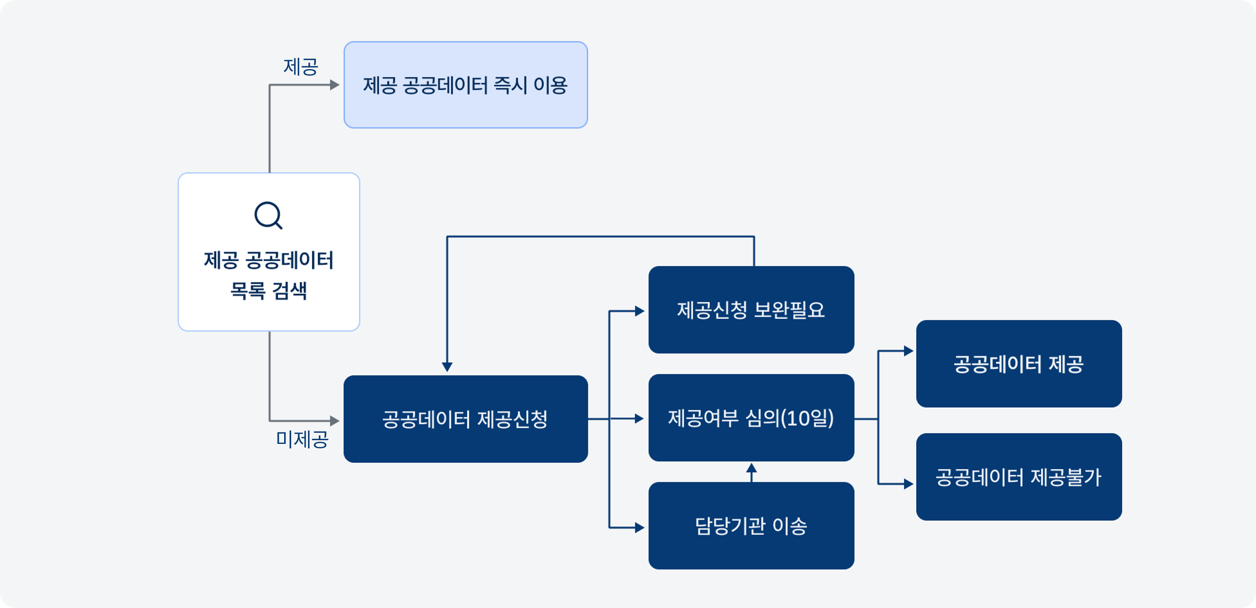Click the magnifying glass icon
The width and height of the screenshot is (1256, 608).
268,215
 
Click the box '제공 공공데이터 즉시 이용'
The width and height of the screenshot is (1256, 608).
466,85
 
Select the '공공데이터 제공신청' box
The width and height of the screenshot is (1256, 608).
466,419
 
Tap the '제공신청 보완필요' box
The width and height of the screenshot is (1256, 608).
752,310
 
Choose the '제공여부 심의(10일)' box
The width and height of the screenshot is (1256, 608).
752,418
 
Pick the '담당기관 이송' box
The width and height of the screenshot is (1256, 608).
752,526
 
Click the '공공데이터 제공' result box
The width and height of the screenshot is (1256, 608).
1019,364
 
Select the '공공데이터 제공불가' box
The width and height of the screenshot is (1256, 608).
1019,477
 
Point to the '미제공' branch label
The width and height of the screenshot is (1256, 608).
302,439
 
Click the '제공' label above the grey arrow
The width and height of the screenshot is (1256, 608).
301,67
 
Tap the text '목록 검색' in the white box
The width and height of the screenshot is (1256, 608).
268,291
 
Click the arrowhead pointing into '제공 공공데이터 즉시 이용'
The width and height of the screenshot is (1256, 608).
334,85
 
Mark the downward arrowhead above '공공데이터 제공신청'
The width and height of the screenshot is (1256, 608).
447,367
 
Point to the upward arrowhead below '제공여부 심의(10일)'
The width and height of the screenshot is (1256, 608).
752,468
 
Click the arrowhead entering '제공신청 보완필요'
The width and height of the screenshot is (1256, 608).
640,311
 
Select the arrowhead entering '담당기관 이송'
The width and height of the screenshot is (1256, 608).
640,527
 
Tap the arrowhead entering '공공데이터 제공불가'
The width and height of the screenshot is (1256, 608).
908,484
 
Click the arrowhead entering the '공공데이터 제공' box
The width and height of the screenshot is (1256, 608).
908,351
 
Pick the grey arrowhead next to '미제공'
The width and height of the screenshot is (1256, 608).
334,420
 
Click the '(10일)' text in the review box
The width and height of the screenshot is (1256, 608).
807,418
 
